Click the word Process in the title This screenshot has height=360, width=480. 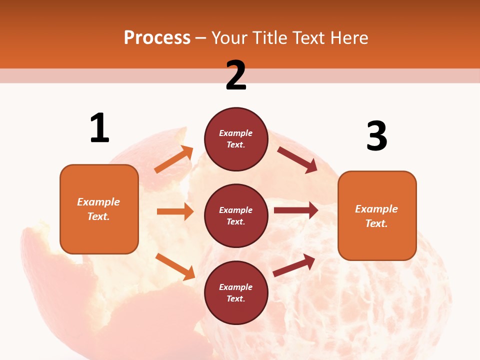click(x=157, y=38)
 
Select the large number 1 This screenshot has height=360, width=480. click(x=99, y=128)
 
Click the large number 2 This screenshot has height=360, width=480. click(x=236, y=75)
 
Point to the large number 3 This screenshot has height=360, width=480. click(x=376, y=136)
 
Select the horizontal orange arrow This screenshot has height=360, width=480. click(x=175, y=211)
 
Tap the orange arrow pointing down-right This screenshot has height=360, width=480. click(x=175, y=266)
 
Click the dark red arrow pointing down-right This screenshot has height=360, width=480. click(x=297, y=159)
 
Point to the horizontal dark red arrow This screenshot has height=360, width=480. click(x=295, y=210)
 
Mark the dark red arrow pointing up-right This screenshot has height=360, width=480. click(x=294, y=265)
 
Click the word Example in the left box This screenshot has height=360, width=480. click(x=98, y=202)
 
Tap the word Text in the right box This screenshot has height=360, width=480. click(x=376, y=223)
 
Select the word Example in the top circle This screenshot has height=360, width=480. click(x=236, y=133)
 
